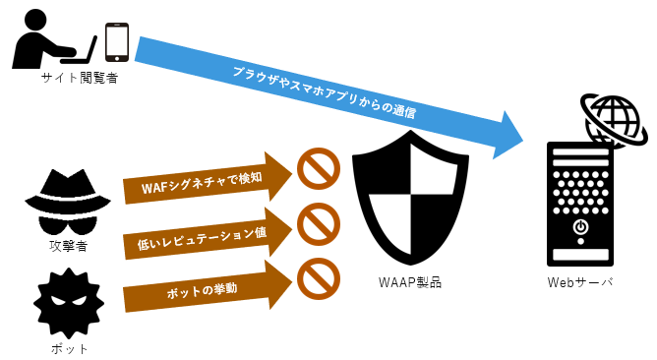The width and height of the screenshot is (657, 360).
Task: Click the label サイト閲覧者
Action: [x=79, y=78]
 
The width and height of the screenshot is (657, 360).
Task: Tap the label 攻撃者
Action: [x=68, y=245]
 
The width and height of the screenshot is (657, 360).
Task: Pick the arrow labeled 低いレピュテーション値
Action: [x=207, y=234]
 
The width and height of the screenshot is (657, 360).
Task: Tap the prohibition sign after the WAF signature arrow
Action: [x=318, y=168]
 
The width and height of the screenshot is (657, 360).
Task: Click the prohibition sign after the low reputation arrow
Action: [x=318, y=225]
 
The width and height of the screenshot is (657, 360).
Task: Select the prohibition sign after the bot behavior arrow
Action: [x=318, y=277]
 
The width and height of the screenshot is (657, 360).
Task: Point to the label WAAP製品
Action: [x=409, y=282]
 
